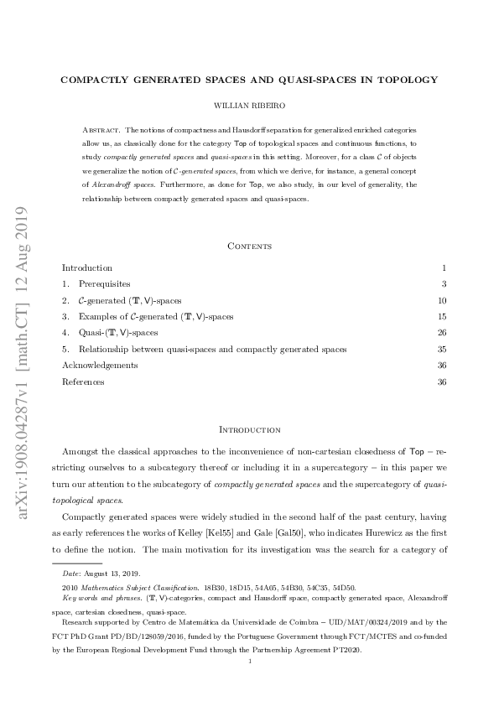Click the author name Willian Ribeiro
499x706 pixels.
(x=249, y=107)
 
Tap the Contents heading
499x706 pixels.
(x=249, y=246)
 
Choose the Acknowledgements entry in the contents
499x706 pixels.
(x=100, y=366)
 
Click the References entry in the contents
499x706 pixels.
(x=83, y=382)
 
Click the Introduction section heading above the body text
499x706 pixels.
(x=249, y=429)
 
